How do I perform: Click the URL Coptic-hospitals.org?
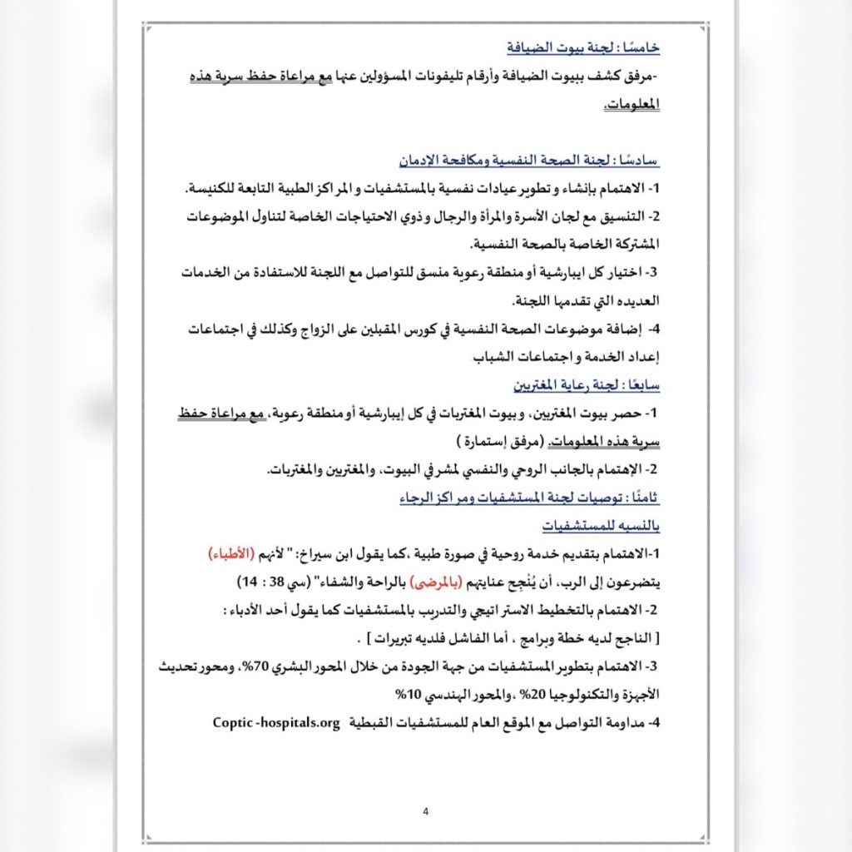[275, 722]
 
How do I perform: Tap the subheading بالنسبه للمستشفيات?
[601, 526]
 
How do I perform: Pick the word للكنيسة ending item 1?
[213, 188]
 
